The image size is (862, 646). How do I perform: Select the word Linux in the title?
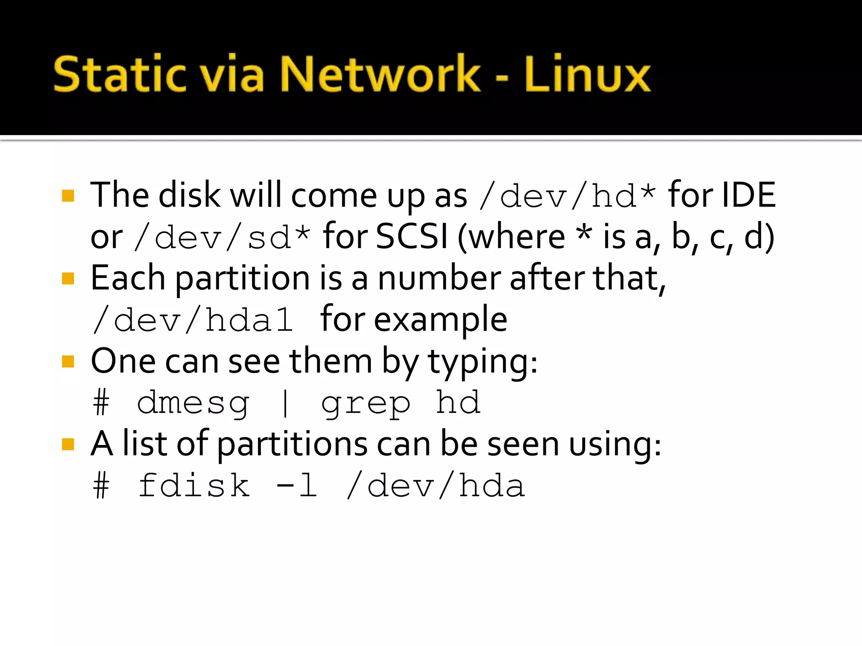pyautogui.click(x=588, y=74)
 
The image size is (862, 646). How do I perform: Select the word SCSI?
pyautogui.click(x=412, y=236)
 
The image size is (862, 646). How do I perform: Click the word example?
pyautogui.click(x=441, y=320)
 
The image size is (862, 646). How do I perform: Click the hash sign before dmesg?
pyautogui.click(x=101, y=403)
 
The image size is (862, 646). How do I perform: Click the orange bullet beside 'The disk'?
pyautogui.click(x=68, y=196)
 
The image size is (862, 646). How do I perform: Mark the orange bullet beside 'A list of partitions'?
pyautogui.click(x=68, y=444)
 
